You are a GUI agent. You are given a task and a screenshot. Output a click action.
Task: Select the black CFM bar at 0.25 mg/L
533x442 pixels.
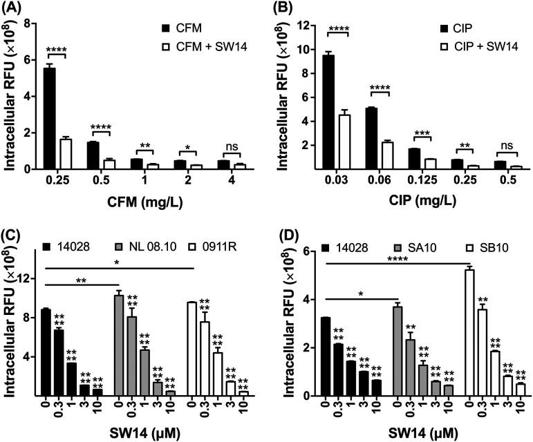coord(48,118)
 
